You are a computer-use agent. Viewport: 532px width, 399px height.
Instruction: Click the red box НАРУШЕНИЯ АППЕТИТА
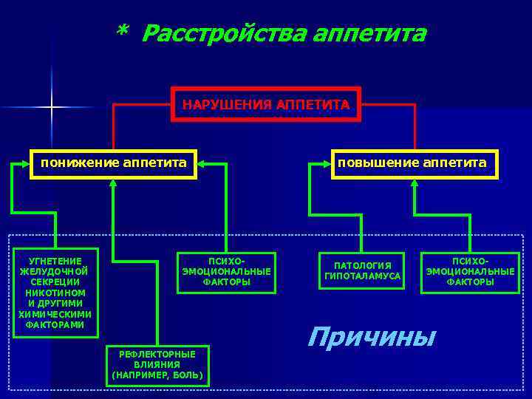pos(266,105)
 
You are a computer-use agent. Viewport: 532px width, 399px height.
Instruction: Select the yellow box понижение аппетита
pos(113,163)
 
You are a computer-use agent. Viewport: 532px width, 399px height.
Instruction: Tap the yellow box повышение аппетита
pos(413,163)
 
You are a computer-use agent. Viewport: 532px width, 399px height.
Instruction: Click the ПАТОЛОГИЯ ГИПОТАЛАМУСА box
pos(362,270)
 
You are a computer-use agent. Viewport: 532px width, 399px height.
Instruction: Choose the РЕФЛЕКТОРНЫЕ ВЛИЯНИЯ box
pos(157,365)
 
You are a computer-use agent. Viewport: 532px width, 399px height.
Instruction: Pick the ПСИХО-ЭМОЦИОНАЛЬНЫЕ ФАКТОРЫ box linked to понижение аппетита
pos(226,271)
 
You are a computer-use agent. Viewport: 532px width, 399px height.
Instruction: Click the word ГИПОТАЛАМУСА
pos(362,276)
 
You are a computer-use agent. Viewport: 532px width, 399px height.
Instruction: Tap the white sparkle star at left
pos(52,108)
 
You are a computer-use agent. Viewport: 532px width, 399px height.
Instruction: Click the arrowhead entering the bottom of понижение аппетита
pos(112,185)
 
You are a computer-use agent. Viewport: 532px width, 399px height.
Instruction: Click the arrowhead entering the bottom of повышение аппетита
pos(414,185)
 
